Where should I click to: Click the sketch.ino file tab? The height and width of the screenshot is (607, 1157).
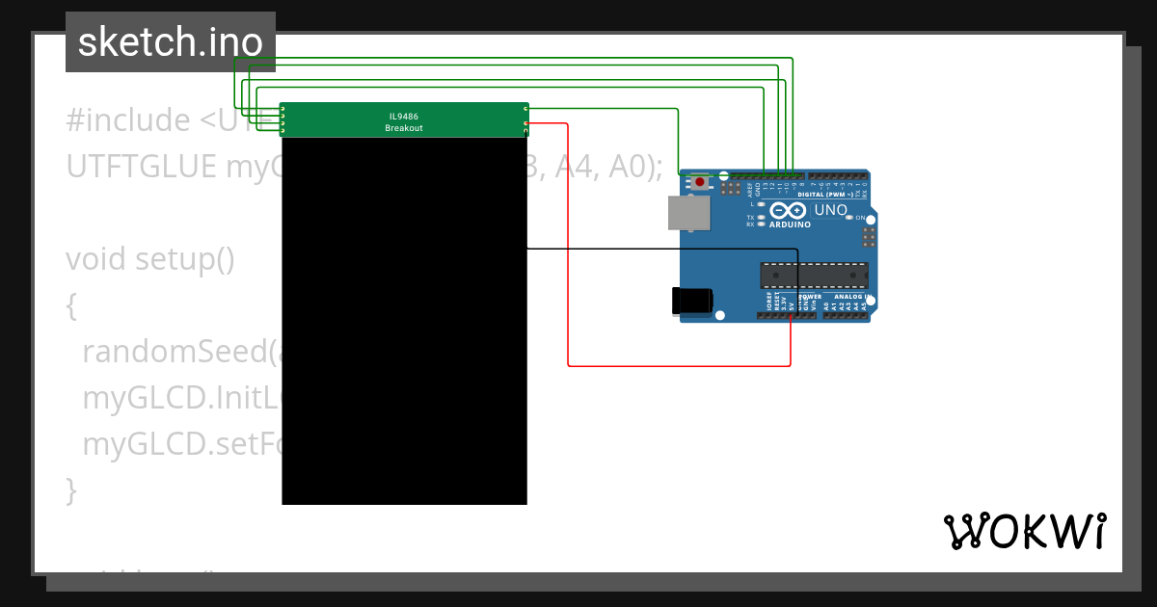[170, 42]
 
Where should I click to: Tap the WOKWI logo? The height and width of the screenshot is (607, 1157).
[1024, 531]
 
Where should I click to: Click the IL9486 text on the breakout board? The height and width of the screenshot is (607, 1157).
[403, 116]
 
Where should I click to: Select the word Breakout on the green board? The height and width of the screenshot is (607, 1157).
[403, 128]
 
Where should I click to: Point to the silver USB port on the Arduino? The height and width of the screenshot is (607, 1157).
[689, 213]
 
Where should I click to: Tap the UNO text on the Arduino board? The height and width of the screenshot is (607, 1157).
[830, 210]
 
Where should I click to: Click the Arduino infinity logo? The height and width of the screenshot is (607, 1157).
[788, 211]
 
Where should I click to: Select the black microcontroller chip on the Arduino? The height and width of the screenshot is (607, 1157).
[813, 275]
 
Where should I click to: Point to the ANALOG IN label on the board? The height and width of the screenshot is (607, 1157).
[851, 296]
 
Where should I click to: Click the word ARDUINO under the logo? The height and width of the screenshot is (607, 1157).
[789, 224]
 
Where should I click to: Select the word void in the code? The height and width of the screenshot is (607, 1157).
[96, 260]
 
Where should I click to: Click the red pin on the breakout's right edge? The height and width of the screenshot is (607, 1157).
[525, 124]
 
